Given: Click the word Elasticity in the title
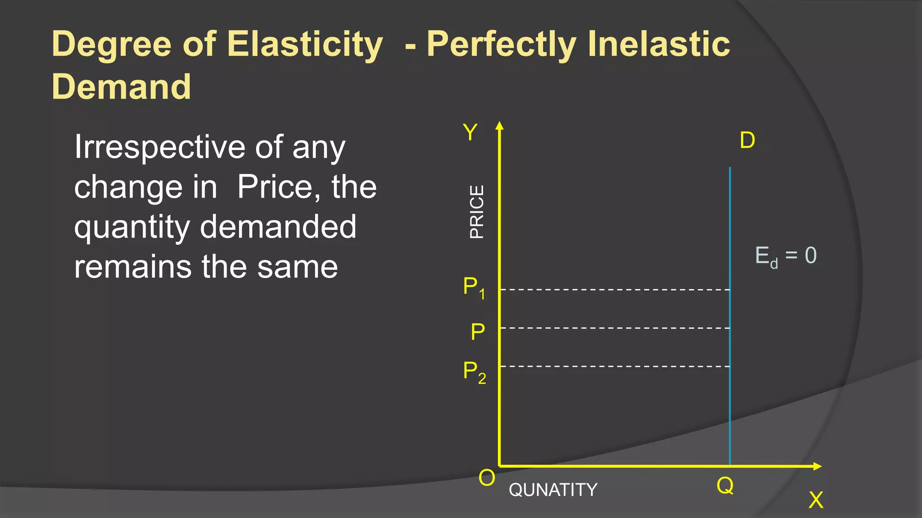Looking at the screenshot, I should tap(305, 45).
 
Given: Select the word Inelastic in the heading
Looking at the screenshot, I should tap(659, 44).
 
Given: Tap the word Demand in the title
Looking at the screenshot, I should tap(122, 87).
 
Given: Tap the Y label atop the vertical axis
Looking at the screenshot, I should tap(470, 133).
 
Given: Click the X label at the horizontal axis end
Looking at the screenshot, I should tap(816, 500).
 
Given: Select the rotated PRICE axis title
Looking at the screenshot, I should tap(477, 211).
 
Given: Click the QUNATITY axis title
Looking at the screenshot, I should tap(553, 490).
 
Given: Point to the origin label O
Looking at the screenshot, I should tap(487, 478).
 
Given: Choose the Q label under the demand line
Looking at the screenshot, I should tap(725, 486).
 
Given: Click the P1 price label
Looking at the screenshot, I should tap(474, 287).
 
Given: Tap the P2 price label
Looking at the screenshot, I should tap(475, 372).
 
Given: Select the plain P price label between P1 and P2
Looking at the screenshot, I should tap(478, 332).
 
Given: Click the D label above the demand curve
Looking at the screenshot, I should tap(747, 141).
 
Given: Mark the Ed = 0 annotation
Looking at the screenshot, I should tap(786, 256).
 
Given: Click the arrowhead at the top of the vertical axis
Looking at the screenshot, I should tap(499, 125).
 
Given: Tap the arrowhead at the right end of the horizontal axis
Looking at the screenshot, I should tap(818, 466).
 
